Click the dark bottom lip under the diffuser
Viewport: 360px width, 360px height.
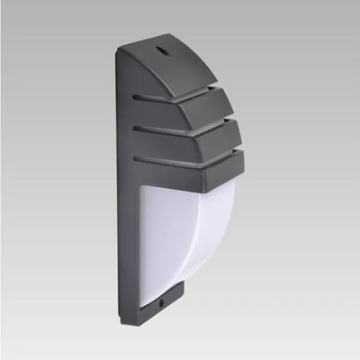[162, 292]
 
